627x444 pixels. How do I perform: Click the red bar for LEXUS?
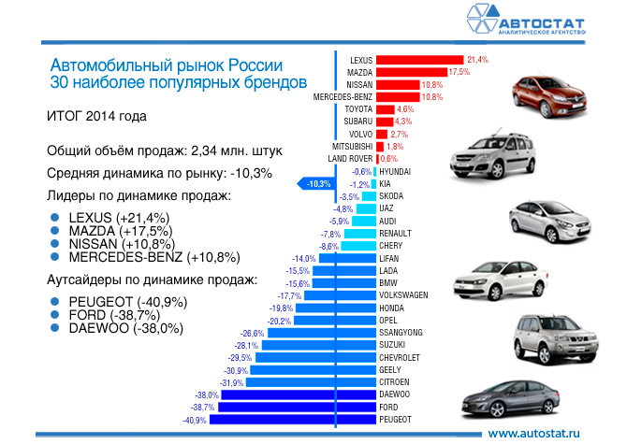(420, 59)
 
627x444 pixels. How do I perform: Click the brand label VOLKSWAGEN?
(404, 295)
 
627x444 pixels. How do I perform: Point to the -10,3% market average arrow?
(315, 184)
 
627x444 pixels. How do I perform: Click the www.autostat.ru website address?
(535, 433)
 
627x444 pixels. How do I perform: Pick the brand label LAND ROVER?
(352, 159)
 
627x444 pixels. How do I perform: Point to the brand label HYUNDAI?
(396, 171)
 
